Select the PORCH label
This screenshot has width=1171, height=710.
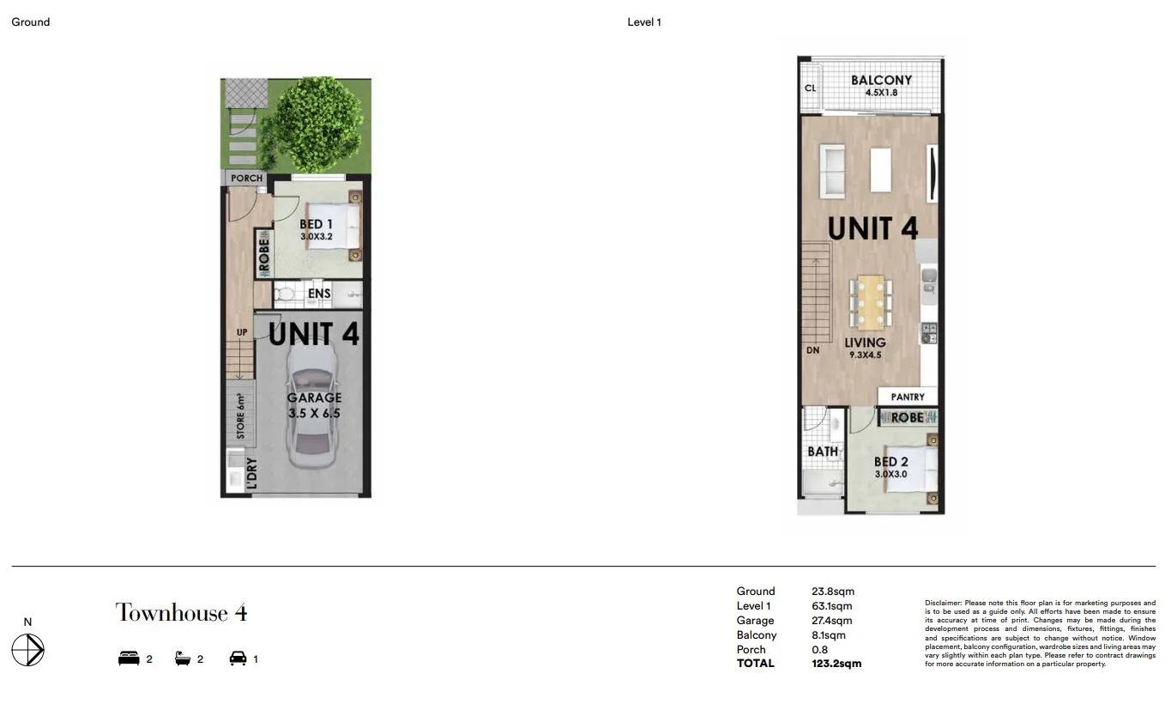(246, 179)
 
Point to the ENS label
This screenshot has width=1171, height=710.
(319, 294)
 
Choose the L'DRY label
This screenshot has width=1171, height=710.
(251, 476)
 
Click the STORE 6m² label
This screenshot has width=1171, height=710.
(242, 416)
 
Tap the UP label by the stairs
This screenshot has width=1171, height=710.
(242, 332)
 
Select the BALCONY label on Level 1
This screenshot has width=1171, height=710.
(881, 81)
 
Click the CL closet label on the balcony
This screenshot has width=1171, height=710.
(810, 88)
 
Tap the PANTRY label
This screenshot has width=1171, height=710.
(908, 397)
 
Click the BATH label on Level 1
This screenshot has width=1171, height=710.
(822, 452)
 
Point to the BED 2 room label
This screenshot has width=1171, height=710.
(890, 462)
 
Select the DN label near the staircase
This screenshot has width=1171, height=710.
(812, 350)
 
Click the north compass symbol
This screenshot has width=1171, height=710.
(28, 650)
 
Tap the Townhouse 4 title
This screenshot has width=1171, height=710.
(182, 613)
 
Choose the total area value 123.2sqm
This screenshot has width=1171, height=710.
(836, 664)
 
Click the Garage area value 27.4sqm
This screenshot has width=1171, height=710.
(832, 621)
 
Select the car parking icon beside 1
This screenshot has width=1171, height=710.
(238, 658)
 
